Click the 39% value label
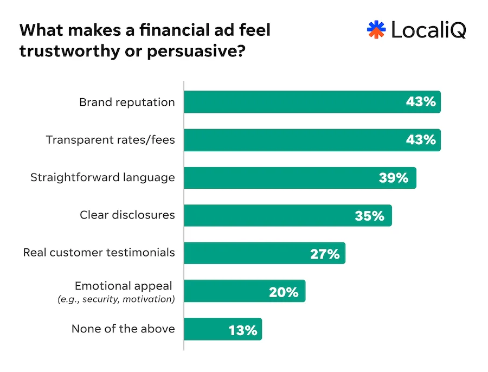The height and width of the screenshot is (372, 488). click(394, 178)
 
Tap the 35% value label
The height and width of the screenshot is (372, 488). click(369, 215)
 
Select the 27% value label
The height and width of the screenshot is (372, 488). click(325, 253)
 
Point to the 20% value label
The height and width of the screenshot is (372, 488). click(284, 291)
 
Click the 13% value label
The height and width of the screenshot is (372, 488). click(242, 329)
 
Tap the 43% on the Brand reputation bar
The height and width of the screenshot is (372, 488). click(421, 102)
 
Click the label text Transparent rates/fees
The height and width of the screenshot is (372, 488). click(110, 140)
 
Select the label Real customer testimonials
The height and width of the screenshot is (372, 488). click(99, 253)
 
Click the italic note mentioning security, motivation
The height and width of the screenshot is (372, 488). click(116, 299)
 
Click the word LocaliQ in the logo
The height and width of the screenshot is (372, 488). click(428, 30)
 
